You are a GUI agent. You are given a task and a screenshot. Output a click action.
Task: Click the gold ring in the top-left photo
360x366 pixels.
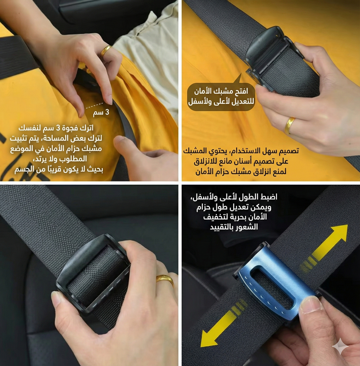105,51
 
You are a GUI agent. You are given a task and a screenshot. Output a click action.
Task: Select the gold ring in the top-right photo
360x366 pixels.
290,125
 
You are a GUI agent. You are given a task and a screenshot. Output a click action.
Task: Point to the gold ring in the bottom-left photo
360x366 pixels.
165,280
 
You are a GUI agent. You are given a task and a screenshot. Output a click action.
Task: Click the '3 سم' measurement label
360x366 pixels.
102,113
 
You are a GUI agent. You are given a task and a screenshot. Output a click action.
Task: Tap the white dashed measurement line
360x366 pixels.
95,105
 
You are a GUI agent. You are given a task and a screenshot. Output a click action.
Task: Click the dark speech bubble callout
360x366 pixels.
221,97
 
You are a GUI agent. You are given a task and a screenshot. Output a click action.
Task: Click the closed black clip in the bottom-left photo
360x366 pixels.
93,273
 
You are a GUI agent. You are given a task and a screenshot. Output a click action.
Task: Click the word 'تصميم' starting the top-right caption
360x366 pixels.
289,151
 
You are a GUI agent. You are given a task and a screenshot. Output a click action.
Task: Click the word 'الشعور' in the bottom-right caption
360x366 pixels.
247,227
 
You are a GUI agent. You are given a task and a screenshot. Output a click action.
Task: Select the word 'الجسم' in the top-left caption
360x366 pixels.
24,169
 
